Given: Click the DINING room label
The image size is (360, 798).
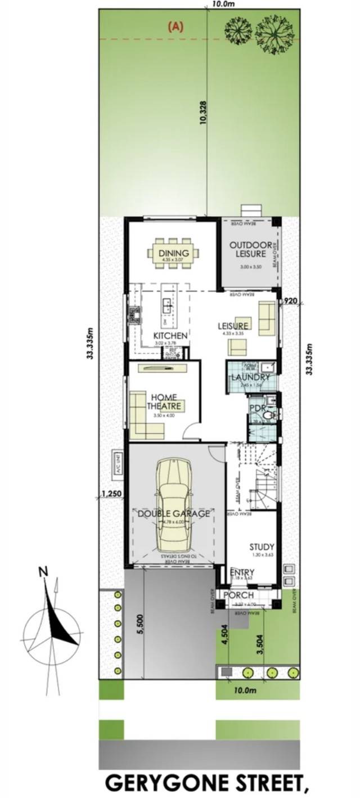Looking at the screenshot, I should pos(173,253).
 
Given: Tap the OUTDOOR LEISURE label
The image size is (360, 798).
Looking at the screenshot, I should pos(250,249).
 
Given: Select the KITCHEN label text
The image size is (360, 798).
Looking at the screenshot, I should pos(170,335).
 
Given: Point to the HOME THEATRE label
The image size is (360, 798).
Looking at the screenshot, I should pos(164,401).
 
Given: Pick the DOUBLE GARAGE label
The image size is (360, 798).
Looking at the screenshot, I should pos(174,513).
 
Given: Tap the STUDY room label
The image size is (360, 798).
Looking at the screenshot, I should pos(262,546).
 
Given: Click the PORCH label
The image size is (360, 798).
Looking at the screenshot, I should pos(238,595).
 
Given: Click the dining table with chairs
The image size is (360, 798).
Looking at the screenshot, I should pos(173,254).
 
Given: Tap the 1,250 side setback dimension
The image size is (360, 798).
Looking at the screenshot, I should pos(111,494).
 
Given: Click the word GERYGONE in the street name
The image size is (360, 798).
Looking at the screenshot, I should pos(165,784).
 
